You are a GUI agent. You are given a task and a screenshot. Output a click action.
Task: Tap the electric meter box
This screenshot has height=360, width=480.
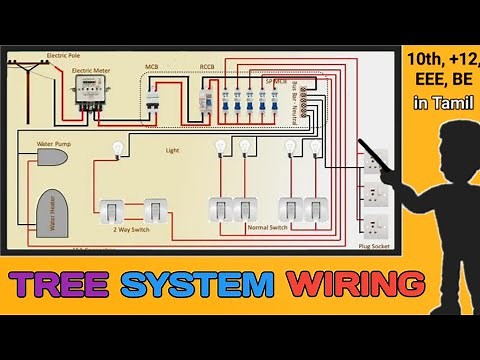pyautogui.click(x=91, y=94)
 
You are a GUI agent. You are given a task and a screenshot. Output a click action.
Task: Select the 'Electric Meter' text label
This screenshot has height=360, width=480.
pyautogui.click(x=91, y=72)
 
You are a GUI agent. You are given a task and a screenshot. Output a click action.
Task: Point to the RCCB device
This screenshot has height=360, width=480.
pyautogui.click(x=206, y=97)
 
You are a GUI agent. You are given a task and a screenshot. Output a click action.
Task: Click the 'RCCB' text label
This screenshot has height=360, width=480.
pyautogui.click(x=207, y=68)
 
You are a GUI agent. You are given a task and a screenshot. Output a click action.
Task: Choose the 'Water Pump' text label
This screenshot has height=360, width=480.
pyautogui.click(x=52, y=144)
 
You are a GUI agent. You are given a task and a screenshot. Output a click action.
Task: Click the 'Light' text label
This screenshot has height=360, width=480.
pyautogui.click(x=172, y=150)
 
